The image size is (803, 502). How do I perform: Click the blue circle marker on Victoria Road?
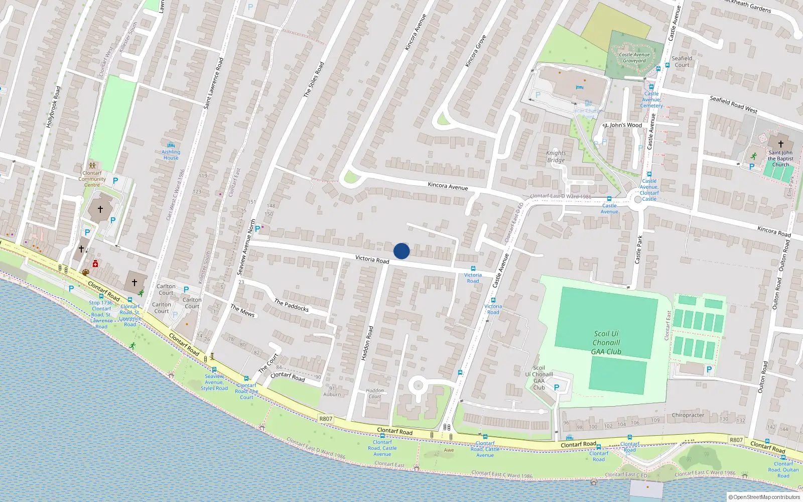pyautogui.click(x=401, y=251)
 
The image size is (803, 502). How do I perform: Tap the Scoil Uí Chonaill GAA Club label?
pyautogui.click(x=606, y=343)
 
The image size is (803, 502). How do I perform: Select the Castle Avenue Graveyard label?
pyautogui.click(x=634, y=58)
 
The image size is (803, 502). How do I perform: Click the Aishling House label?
pyautogui.click(x=171, y=155)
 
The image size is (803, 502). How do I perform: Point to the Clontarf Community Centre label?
pyautogui.click(x=92, y=179)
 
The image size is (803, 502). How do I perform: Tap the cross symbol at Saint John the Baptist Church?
pyautogui.click(x=780, y=144)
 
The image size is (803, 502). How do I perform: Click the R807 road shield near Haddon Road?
pyautogui.click(x=326, y=419)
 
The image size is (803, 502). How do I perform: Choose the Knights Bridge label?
pyautogui.click(x=556, y=157)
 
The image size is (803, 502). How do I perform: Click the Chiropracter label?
pyautogui.click(x=688, y=415)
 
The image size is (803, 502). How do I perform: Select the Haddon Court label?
pyautogui.click(x=375, y=393)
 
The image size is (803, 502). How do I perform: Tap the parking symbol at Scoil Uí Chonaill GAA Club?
pyautogui.click(x=557, y=388)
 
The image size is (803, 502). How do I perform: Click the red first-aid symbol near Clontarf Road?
pyautogui.click(x=95, y=264)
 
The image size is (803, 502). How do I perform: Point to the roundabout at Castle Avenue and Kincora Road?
pyautogui.click(x=638, y=199)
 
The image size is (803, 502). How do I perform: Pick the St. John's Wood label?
pyautogui.click(x=622, y=125)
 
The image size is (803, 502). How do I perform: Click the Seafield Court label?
pyautogui.click(x=682, y=61)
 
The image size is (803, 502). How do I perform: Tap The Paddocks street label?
pyautogui.click(x=292, y=305)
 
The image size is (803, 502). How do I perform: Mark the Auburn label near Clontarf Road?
pyautogui.click(x=332, y=394)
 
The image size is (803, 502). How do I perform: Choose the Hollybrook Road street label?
pyautogui.click(x=53, y=106)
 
